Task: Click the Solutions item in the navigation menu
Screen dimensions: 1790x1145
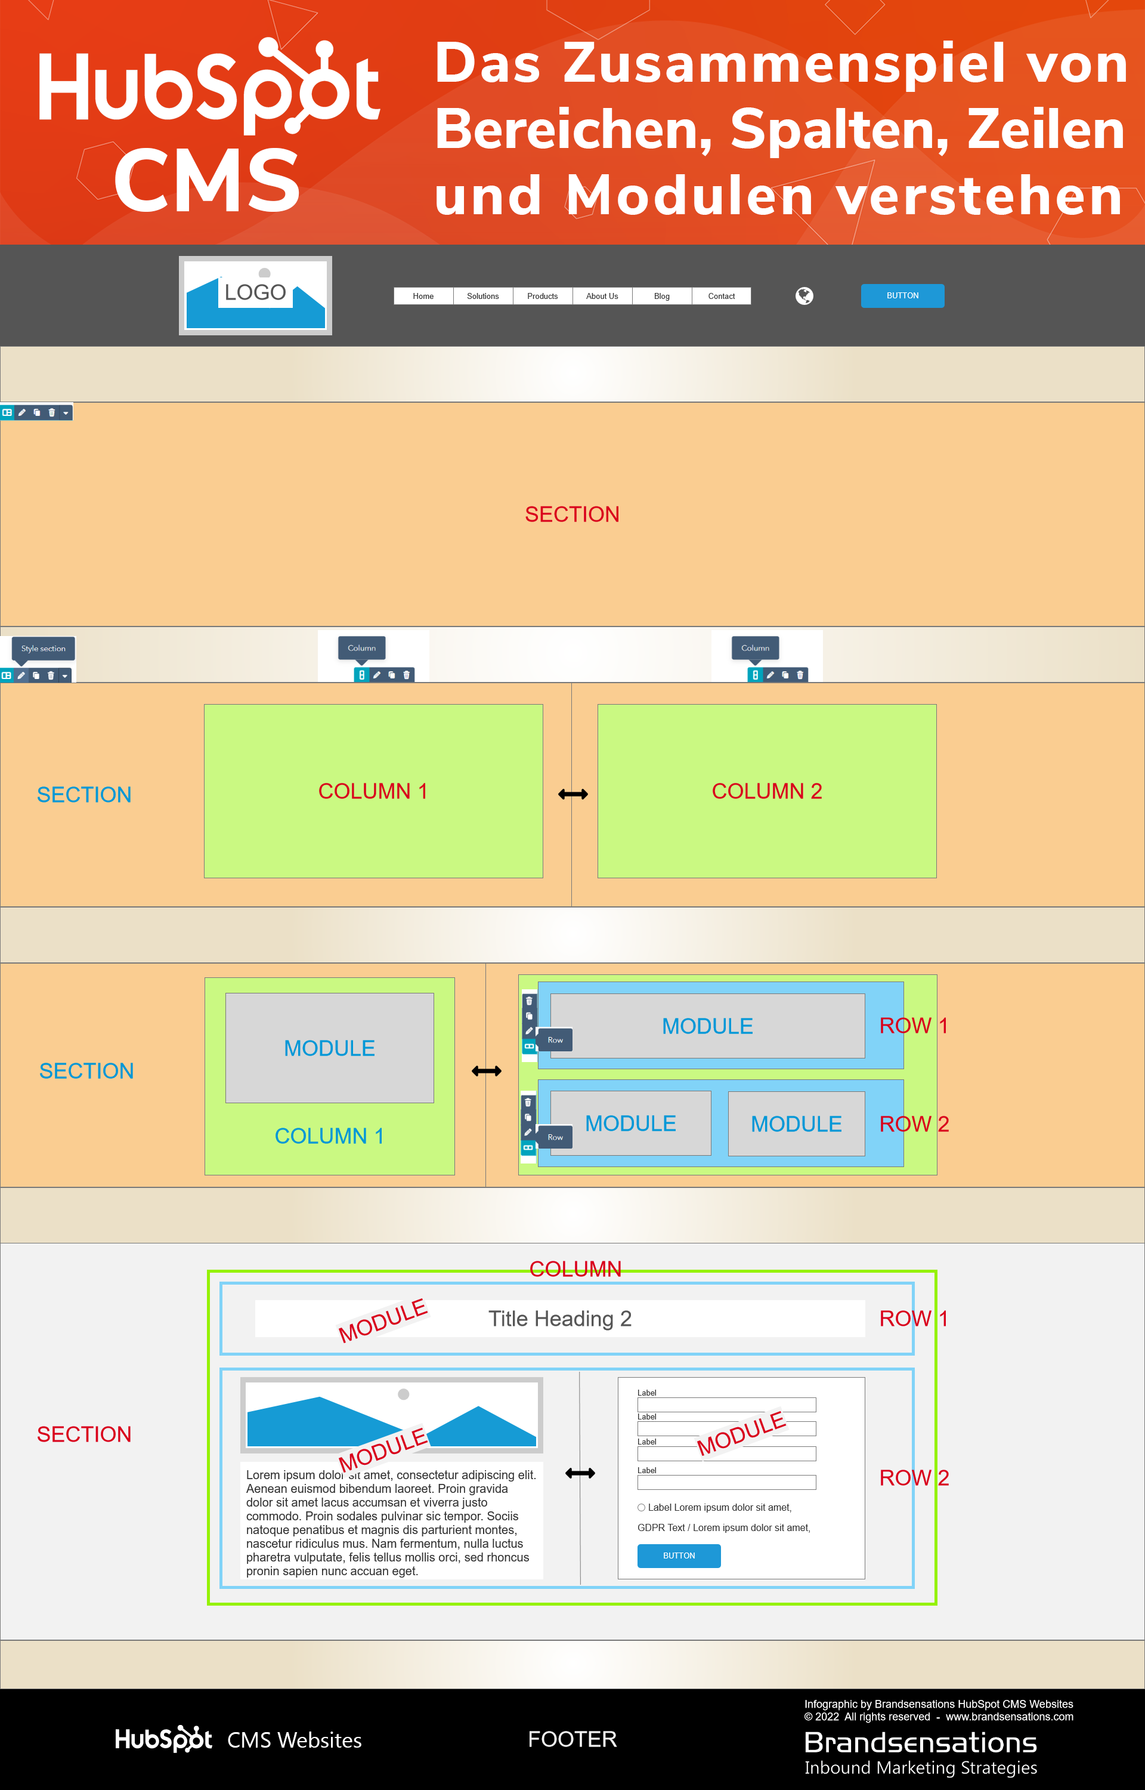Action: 482,296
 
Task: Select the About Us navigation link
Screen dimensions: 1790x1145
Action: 602,296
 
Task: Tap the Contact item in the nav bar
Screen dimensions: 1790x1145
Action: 720,296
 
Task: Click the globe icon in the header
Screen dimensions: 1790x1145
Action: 804,296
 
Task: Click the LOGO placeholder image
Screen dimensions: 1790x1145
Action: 255,295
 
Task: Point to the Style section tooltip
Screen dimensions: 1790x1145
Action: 43,649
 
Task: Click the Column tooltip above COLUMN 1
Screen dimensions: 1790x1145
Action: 361,648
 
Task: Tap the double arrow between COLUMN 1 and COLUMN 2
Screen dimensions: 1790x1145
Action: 572,794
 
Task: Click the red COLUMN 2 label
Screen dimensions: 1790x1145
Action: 766,791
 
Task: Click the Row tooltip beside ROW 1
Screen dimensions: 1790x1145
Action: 555,1039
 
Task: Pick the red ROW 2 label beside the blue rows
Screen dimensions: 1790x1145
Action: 914,1124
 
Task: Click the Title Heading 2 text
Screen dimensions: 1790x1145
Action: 559,1319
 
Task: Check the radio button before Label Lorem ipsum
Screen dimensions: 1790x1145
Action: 641,1507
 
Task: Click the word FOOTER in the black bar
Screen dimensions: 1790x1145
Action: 572,1739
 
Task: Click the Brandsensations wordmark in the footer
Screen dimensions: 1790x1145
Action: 920,1742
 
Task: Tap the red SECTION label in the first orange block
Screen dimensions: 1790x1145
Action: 572,514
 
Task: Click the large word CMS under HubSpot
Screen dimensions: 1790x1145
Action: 207,179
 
